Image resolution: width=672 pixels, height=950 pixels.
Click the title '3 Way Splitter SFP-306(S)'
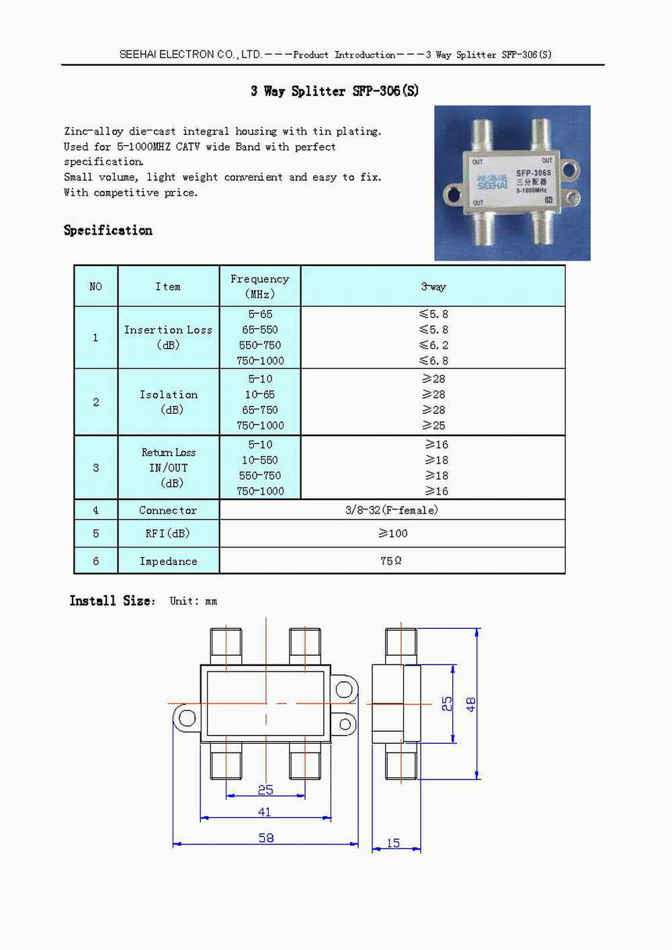pos(334,91)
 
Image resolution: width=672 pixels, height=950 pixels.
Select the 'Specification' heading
pos(108,230)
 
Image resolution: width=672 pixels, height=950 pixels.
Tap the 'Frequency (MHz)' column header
pos(259,286)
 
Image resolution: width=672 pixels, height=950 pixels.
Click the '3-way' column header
pos(433,287)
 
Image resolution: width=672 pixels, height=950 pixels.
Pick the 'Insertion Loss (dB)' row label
pos(168,337)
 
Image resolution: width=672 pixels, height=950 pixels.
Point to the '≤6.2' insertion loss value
pos(433,345)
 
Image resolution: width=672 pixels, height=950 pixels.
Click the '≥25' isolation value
pos(433,425)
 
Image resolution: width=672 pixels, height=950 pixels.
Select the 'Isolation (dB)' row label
pos(169,402)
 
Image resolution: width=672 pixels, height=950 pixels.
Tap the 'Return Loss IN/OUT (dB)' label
pos(169,468)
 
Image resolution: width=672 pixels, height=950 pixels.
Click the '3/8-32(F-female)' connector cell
pos(392,510)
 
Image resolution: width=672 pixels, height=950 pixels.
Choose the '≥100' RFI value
pos(392,533)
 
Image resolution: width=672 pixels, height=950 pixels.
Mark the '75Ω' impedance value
pos(391,561)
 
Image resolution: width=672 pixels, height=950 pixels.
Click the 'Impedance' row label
pos(168,561)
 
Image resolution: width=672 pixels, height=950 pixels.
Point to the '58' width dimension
pos(266,838)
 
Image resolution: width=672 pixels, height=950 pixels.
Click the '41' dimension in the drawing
pos(265,812)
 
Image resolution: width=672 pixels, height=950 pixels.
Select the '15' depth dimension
pos(393,843)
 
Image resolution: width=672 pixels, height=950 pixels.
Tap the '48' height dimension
pos(471,704)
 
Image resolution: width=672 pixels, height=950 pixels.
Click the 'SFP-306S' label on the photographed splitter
pos(533,173)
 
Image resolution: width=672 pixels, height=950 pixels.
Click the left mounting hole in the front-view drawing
pos(187,718)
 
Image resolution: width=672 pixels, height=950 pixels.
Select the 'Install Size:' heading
pos(112,601)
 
